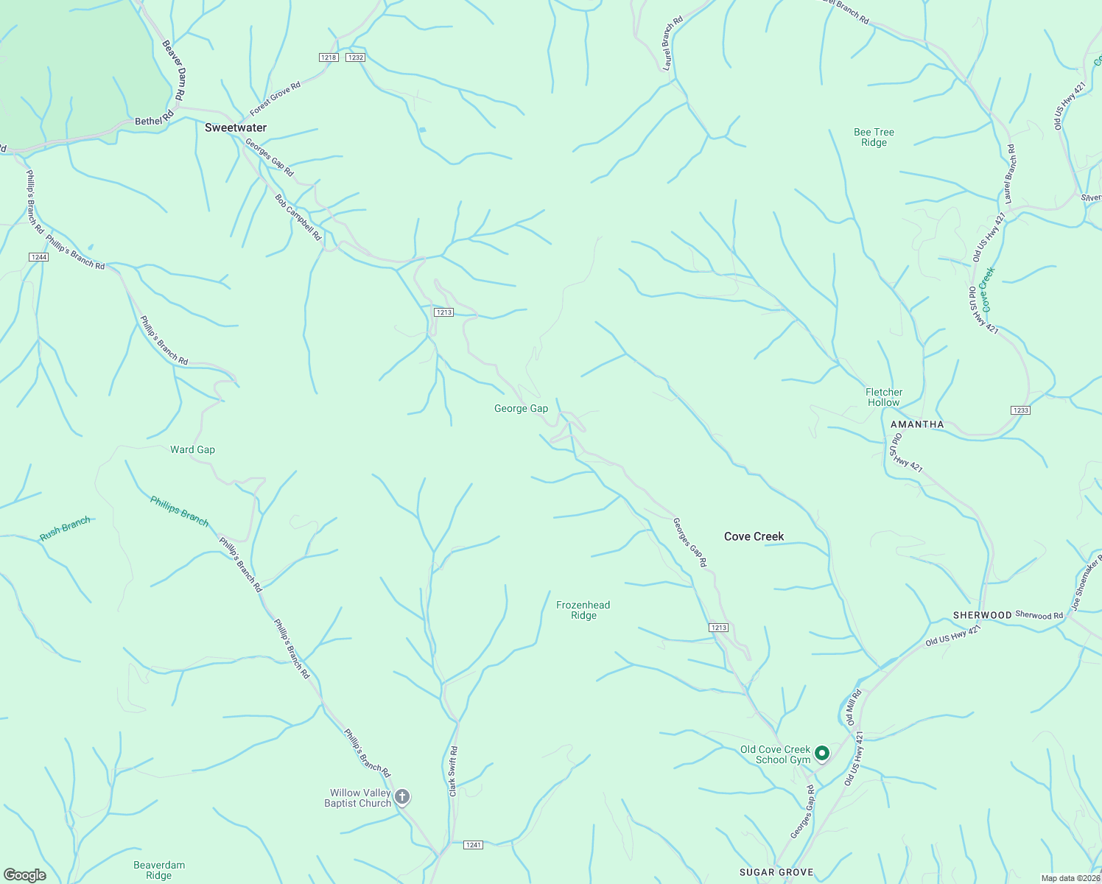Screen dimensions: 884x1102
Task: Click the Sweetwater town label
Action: pyautogui.click(x=236, y=127)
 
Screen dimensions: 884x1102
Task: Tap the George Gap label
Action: pyautogui.click(x=521, y=409)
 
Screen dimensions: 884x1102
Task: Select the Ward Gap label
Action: pyautogui.click(x=192, y=449)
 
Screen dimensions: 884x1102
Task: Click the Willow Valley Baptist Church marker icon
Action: pyautogui.click(x=402, y=796)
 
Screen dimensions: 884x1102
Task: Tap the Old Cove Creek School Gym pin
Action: pyautogui.click(x=822, y=753)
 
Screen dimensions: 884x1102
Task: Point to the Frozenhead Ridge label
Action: pyautogui.click(x=583, y=610)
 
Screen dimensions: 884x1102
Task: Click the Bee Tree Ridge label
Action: pyautogui.click(x=874, y=137)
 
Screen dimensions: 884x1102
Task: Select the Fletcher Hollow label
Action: pyautogui.click(x=883, y=397)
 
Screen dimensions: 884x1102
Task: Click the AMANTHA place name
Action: pyautogui.click(x=917, y=424)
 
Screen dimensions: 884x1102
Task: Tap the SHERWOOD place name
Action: pyautogui.click(x=982, y=615)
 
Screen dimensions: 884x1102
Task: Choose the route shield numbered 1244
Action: pyautogui.click(x=39, y=257)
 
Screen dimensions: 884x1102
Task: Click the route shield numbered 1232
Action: pyautogui.click(x=356, y=57)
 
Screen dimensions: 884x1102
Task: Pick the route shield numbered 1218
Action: pyautogui.click(x=329, y=57)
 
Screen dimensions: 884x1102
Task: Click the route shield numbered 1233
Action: pyautogui.click(x=1020, y=410)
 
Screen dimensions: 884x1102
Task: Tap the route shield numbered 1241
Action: pyautogui.click(x=474, y=844)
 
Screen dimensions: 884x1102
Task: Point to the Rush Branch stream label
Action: pyautogui.click(x=65, y=529)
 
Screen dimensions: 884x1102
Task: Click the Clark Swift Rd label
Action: pyautogui.click(x=453, y=771)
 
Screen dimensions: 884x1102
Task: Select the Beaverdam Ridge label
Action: pyautogui.click(x=158, y=870)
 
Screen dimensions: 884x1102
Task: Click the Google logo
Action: pyautogui.click(x=25, y=874)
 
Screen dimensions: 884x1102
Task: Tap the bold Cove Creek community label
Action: pyautogui.click(x=754, y=536)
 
